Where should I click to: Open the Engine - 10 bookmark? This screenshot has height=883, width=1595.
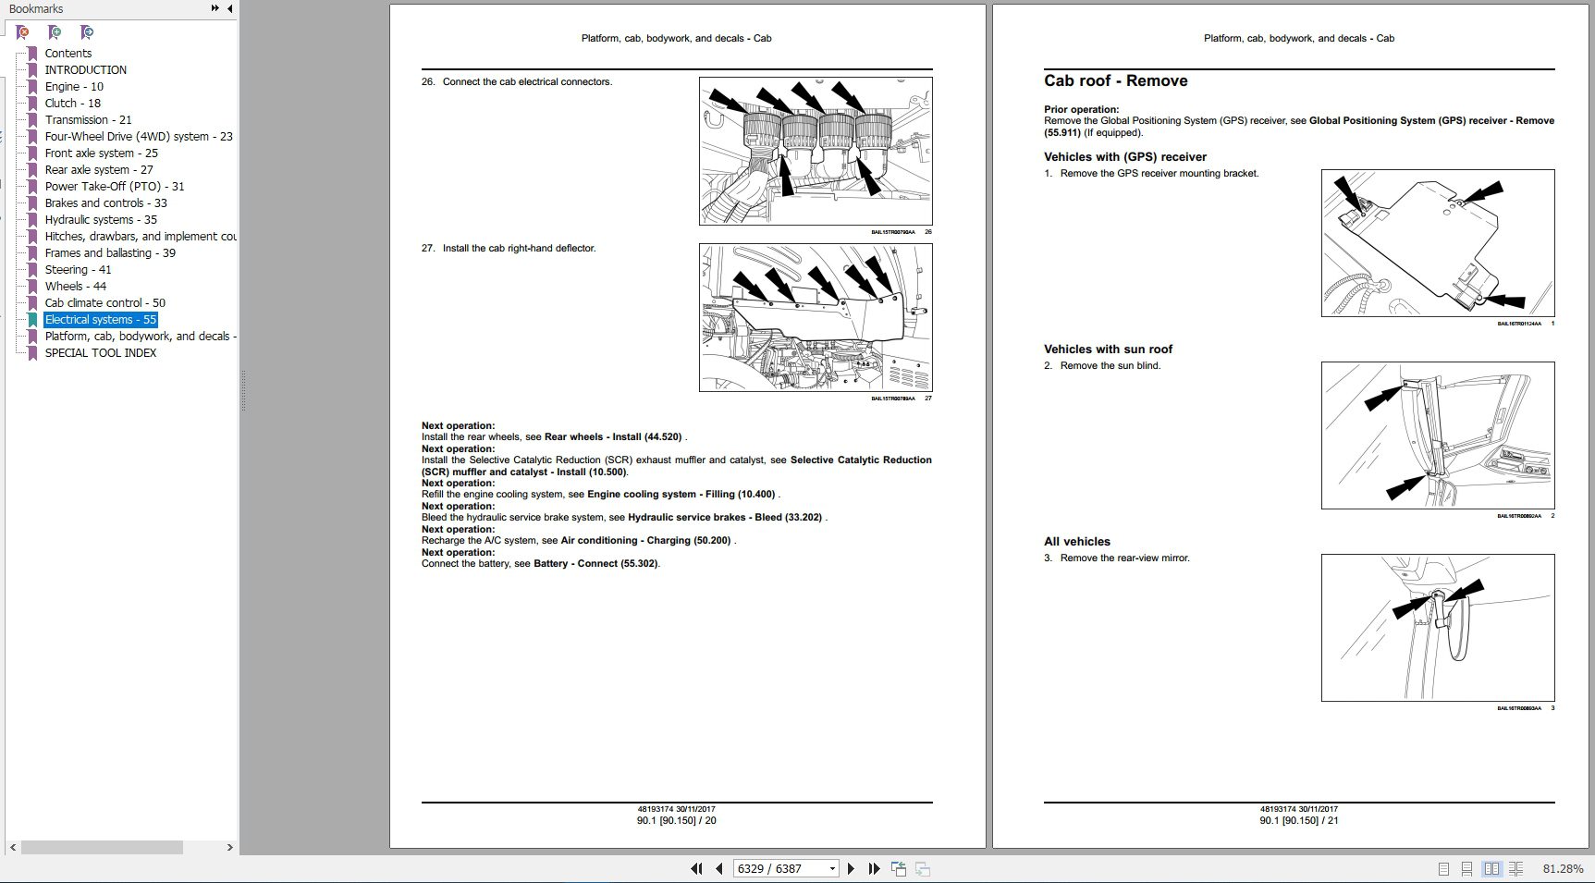(73, 86)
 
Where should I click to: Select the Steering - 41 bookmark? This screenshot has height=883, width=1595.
(78, 269)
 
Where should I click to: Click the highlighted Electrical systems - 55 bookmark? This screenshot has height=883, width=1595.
(100, 319)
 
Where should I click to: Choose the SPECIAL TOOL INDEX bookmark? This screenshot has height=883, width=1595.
(100, 352)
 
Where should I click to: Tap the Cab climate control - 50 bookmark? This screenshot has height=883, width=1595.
(104, 302)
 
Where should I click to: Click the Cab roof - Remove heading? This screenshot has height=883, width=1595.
(1115, 80)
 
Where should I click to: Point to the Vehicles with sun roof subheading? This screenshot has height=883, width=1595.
(1108, 349)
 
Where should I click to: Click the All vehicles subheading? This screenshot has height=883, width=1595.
(1076, 541)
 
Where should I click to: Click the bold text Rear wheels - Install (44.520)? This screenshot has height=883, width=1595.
(612, 436)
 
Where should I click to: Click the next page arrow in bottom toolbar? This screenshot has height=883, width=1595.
(852, 868)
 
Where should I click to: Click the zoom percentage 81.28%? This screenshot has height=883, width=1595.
(1563, 868)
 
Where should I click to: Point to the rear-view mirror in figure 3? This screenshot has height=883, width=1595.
(1454, 629)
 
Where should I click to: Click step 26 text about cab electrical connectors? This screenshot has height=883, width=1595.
(527, 81)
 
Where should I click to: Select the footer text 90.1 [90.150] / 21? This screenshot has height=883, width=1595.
(1298, 820)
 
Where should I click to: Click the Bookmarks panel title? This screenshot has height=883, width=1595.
(36, 8)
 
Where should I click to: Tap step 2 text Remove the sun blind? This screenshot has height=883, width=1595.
(1110, 365)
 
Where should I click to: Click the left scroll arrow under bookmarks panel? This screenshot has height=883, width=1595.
(12, 847)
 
